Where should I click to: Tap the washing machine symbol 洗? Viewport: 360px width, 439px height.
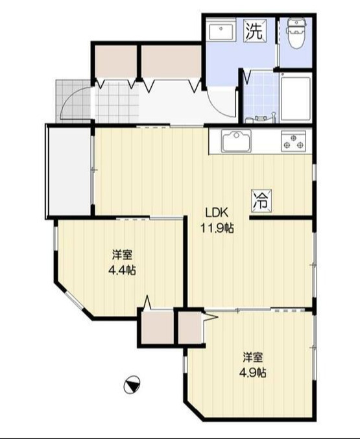(x=254, y=30)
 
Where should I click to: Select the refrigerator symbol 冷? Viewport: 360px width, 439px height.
(x=261, y=201)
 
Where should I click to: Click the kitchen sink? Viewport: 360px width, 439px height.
(x=236, y=141)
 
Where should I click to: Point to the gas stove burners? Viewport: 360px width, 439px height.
(x=293, y=141)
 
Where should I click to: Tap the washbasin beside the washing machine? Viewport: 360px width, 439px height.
(x=221, y=32)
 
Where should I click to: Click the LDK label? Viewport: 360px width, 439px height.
(x=217, y=213)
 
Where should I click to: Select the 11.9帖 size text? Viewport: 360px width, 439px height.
(x=217, y=228)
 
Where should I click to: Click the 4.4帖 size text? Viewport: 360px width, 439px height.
(x=122, y=270)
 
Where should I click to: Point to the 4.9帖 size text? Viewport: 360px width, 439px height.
(x=253, y=373)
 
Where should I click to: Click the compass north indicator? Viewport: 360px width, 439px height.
(x=132, y=385)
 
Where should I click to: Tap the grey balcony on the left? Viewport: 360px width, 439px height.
(x=69, y=172)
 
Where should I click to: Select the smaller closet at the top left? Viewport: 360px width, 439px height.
(x=115, y=61)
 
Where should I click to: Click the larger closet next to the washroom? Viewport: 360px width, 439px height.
(x=171, y=61)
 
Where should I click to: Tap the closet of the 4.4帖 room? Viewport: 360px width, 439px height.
(x=157, y=327)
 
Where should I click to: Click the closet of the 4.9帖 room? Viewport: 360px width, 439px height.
(x=190, y=327)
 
